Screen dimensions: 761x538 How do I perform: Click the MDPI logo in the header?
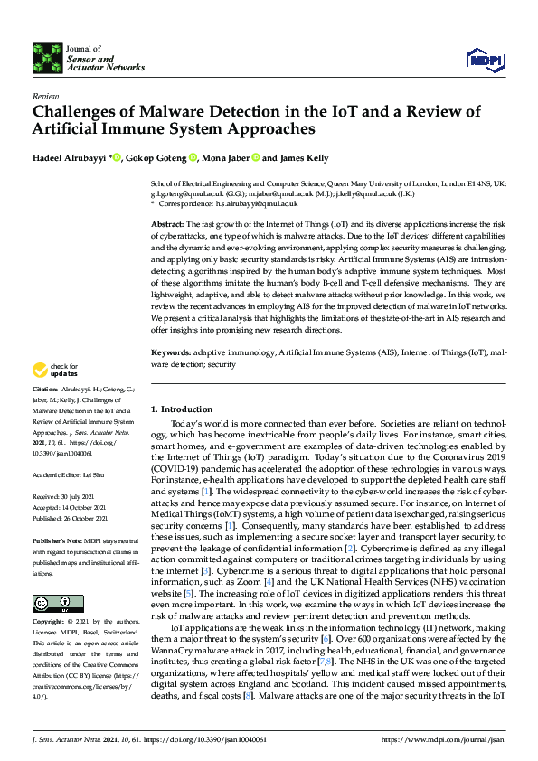click(x=484, y=60)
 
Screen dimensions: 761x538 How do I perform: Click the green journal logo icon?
click(x=47, y=57)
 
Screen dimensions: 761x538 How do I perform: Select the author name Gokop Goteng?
click(x=158, y=157)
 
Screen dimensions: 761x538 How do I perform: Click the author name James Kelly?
click(x=304, y=157)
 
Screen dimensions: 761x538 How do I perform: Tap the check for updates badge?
click(x=53, y=370)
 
